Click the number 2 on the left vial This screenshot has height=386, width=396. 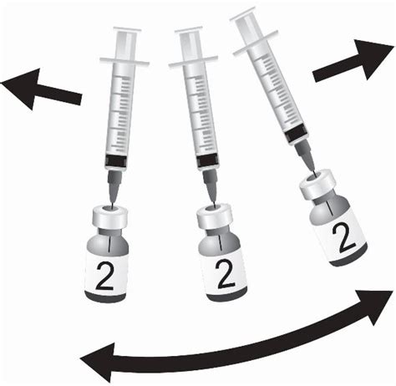[x=107, y=273]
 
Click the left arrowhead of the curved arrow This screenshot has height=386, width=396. [x=96, y=362]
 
